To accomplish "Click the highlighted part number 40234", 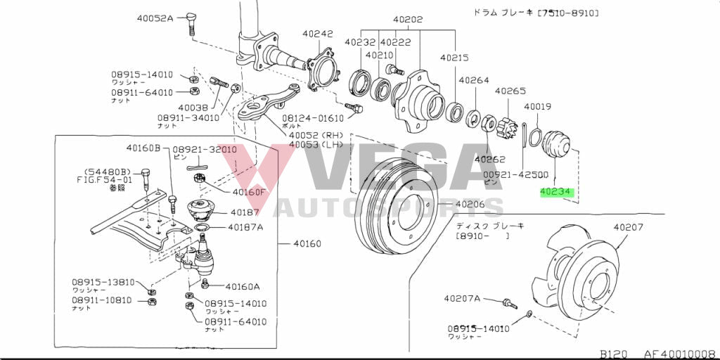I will pos(556,191).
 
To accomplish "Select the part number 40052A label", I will pos(155,18).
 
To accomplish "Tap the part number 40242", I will pos(318,34).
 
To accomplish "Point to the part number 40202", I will pos(408,20).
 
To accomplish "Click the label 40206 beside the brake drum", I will pos(470,205).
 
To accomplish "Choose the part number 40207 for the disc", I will pos(629,227).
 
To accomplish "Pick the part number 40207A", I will pos(462,298).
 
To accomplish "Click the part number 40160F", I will pos(250,192).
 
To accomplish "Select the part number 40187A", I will pos(245,227).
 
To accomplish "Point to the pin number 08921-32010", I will pos(205,149).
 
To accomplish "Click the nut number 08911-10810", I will pos(103,300).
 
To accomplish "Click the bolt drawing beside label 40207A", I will pos(507,303).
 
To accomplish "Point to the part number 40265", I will pos(510,91).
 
